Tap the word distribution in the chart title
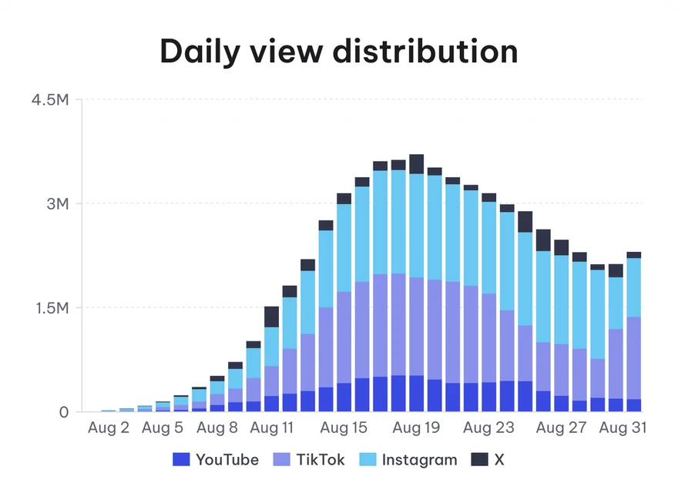pos(425,51)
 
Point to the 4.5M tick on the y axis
pos(50,99)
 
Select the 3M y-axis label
pos(58,203)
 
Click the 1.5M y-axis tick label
pos(52,308)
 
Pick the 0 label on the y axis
pos(63,412)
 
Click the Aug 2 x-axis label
pos(109,428)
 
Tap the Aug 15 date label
pos(344,428)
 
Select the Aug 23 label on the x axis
pos(488,428)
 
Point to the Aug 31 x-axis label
pos(623,428)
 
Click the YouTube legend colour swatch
pos(181,459)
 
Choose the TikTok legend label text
pos(321,459)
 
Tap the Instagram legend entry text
pos(419,460)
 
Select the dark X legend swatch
pos(479,459)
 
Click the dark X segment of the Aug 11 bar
pos(271,317)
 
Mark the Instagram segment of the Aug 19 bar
pos(416,225)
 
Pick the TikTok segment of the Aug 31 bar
pos(634,357)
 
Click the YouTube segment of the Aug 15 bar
pos(344,397)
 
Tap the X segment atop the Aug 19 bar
pos(416,164)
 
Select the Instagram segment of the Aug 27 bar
pos(561,300)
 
